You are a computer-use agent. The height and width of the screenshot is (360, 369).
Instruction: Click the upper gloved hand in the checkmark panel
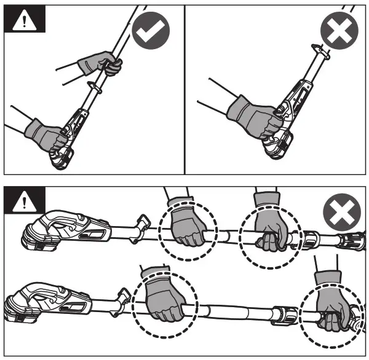tap(100, 63)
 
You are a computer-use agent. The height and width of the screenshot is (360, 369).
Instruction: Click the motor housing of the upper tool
tap(61, 228)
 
